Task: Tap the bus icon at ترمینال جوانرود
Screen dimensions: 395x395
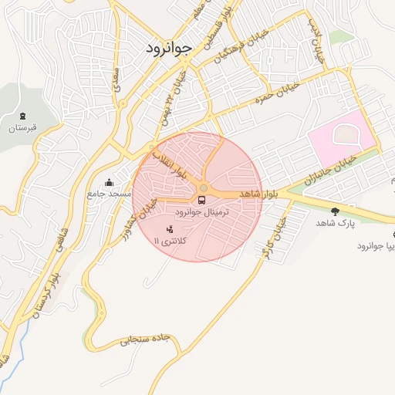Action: tap(202, 201)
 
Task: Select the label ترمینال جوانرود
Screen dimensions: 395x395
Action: tap(202, 211)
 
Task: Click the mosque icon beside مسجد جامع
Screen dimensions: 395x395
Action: tap(109, 183)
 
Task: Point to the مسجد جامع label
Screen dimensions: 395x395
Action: tap(109, 194)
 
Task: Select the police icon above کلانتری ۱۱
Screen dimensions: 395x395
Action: tap(170, 229)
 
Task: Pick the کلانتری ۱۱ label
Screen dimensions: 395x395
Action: tap(170, 241)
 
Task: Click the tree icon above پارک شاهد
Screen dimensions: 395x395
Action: tap(334, 211)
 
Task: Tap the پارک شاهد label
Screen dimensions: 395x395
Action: tap(334, 222)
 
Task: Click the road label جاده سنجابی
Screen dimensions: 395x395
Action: tap(143, 339)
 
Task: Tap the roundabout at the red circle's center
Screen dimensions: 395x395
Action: tap(204, 188)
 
